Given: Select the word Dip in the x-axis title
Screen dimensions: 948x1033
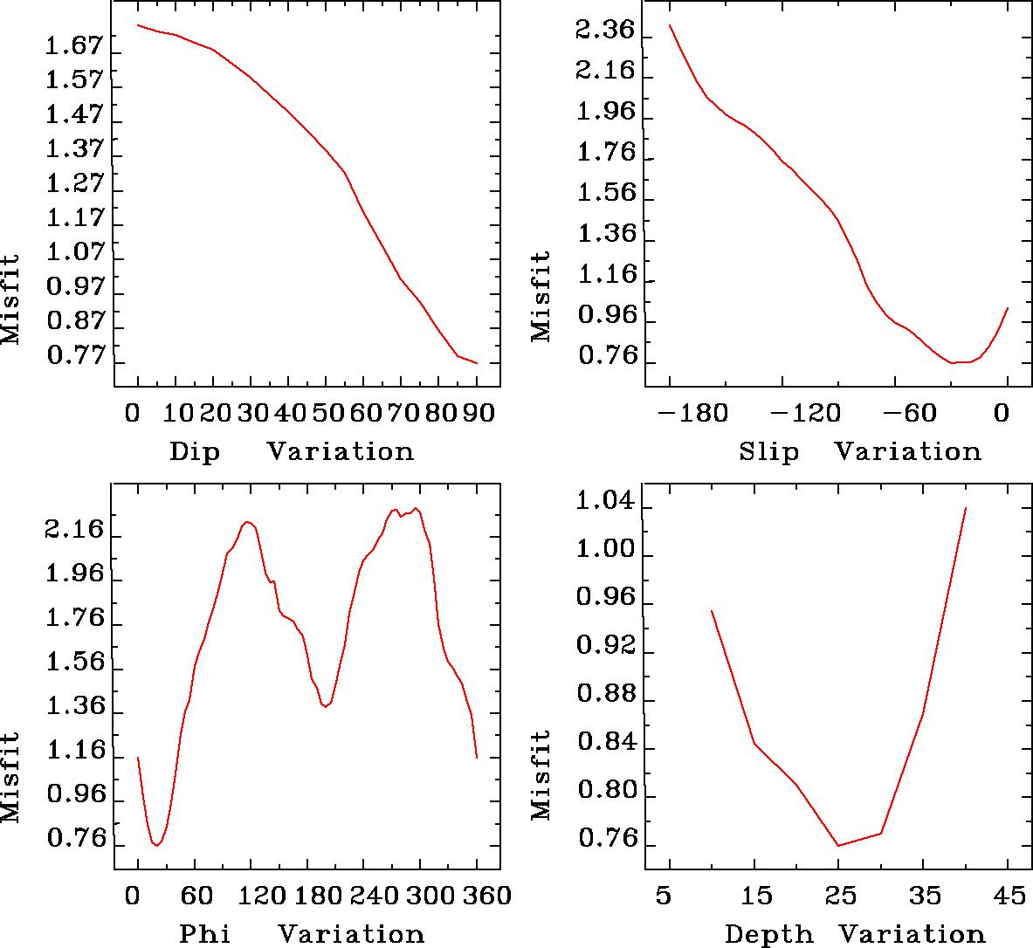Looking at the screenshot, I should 195,452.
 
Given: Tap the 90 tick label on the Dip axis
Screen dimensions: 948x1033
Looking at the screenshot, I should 477,412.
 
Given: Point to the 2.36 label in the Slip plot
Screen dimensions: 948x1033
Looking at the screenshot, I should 604,31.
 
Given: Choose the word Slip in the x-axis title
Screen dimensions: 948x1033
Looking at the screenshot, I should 768,452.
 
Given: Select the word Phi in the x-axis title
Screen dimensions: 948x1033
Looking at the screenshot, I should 205,934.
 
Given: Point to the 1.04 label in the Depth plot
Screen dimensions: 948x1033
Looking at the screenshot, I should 604,503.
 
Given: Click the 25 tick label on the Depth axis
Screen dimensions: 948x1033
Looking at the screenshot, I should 838,896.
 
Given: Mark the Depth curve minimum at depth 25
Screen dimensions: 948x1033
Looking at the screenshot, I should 838,845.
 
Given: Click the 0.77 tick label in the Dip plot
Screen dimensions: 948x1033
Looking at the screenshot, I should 74,357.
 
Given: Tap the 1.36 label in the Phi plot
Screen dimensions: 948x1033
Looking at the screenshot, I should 74,706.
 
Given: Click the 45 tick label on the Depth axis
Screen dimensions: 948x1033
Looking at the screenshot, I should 1008,896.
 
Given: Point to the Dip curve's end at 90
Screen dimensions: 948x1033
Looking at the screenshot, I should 477,363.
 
